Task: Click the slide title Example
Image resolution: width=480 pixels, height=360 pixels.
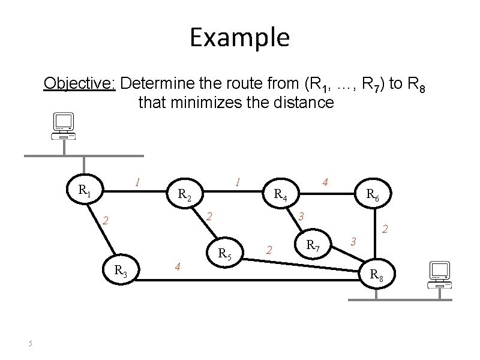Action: [x=239, y=37]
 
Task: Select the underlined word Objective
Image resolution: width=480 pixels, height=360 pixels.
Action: [x=79, y=82]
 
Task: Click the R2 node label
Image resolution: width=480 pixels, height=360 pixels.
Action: [x=184, y=194]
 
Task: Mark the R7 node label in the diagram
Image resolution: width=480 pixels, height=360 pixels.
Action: [x=313, y=245]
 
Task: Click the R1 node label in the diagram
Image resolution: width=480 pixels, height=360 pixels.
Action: [x=85, y=191]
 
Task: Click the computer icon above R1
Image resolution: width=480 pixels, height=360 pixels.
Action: [x=62, y=125]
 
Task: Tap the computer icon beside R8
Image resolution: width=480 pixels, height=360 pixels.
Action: [x=440, y=274]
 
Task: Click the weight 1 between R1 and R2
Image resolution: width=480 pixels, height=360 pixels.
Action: [x=138, y=181]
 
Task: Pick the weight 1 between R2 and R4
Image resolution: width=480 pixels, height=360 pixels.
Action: [x=238, y=181]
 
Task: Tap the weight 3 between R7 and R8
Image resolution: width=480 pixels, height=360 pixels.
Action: [x=354, y=241]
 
